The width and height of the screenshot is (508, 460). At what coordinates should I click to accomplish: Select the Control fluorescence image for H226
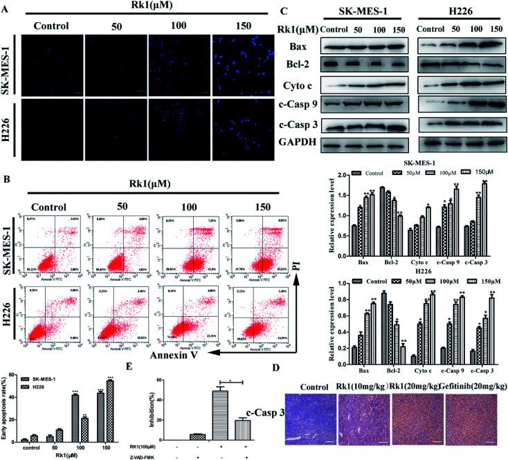coord(53,129)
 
